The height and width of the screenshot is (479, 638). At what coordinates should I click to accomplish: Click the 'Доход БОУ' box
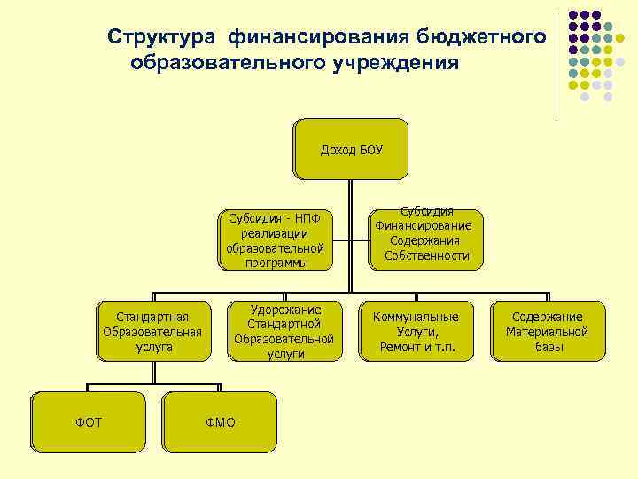click(x=351, y=149)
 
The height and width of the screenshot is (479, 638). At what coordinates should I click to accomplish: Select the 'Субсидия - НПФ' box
click(x=274, y=239)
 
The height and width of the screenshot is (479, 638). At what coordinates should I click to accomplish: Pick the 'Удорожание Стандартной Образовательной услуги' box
click(x=285, y=332)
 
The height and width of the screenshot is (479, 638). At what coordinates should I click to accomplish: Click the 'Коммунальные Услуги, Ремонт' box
click(x=416, y=332)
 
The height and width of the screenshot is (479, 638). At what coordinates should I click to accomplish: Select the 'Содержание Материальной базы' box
click(x=548, y=332)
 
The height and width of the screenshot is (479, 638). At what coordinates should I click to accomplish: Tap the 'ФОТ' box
click(x=88, y=422)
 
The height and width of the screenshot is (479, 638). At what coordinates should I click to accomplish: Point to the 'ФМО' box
click(x=220, y=422)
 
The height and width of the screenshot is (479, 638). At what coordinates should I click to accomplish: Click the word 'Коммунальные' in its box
click(x=416, y=317)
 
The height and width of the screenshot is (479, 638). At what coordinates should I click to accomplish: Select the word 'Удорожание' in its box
click(x=285, y=310)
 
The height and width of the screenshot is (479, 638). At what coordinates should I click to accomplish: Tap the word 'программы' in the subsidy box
click(x=274, y=263)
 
